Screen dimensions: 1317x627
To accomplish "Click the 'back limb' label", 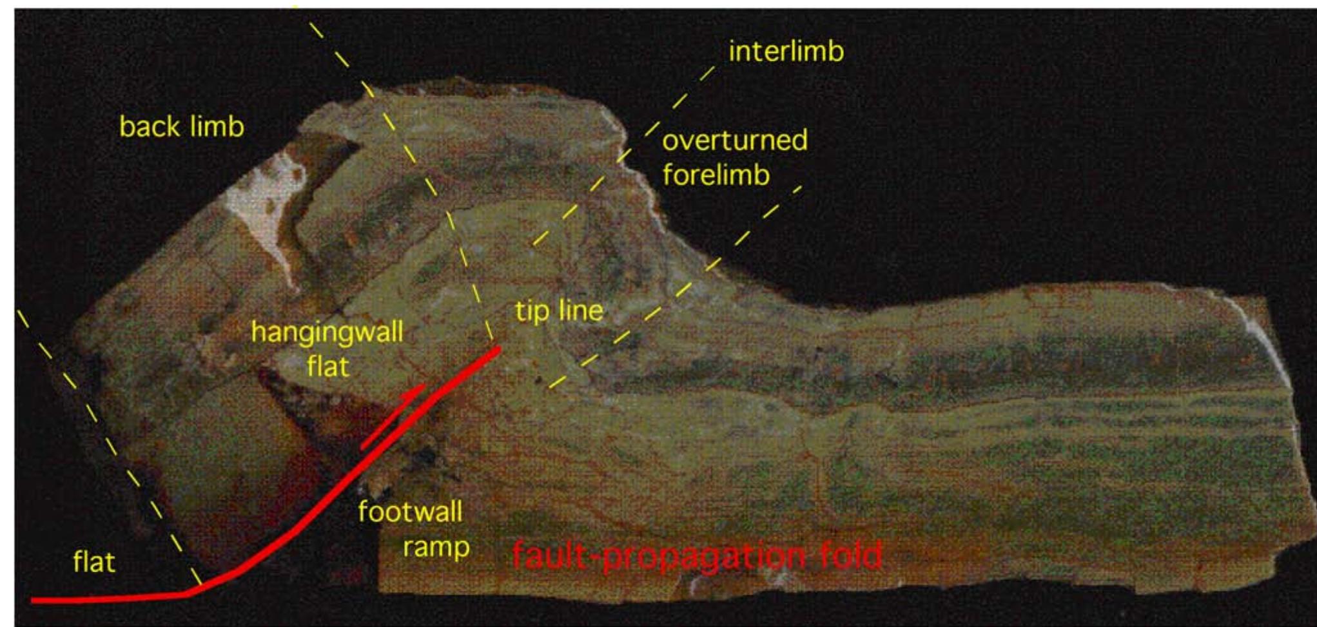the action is [182, 126].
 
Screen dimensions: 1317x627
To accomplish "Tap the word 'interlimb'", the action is [786, 52].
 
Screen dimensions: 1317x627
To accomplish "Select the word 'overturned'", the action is [735, 140].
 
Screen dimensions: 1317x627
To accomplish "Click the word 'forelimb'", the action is [716, 175].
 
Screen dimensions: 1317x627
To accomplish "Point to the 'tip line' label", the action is [559, 311].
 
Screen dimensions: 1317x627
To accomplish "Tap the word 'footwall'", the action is [410, 512].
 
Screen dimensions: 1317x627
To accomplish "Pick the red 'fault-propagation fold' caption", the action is [697, 555].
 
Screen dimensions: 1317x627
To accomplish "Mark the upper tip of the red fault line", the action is [498, 350].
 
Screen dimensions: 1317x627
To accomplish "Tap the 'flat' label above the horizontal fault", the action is [94, 562].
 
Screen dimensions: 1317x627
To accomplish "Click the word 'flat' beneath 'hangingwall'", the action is [328, 366].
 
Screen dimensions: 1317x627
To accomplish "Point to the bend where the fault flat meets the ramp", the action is [188, 593].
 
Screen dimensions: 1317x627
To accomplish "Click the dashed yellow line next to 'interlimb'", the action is [623, 155].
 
